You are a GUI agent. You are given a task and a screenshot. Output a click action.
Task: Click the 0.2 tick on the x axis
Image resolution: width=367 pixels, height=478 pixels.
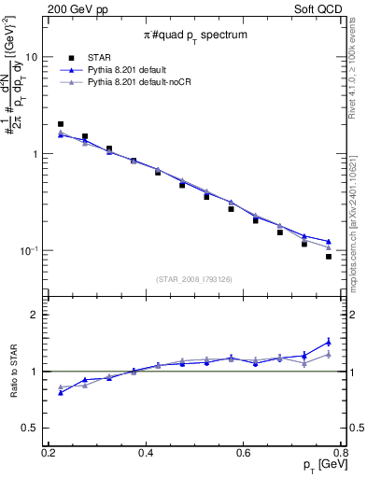click(49, 453)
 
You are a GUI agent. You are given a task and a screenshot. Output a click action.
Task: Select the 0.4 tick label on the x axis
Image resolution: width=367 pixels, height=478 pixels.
click(146, 453)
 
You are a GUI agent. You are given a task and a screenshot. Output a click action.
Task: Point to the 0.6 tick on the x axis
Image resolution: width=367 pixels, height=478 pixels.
click(244, 453)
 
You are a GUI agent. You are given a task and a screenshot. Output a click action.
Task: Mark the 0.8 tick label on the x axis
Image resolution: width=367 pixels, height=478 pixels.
click(341, 453)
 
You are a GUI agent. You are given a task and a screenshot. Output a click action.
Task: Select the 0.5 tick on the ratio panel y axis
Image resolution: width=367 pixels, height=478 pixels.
click(35, 429)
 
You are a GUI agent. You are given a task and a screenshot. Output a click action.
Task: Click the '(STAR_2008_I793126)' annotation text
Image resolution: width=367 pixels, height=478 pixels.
click(194, 277)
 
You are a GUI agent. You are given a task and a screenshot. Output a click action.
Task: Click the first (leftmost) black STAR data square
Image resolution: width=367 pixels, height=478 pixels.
click(61, 123)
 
